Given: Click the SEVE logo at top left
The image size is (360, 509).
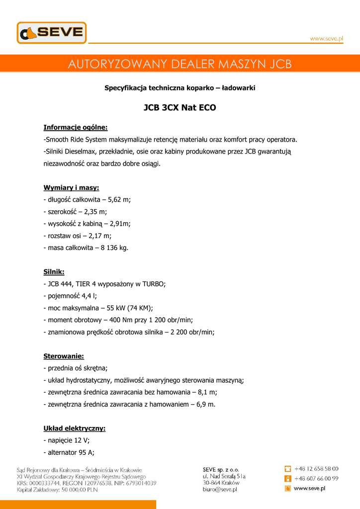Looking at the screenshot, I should (52, 33).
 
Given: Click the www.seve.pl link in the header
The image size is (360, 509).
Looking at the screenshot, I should (327, 39).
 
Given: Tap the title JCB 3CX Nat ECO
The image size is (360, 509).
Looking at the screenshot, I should (180, 107).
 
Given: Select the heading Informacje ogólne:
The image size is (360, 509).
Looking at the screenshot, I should (76, 127).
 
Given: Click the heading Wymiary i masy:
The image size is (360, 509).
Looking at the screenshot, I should (71, 187).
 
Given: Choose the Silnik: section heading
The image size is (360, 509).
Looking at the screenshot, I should (54, 272).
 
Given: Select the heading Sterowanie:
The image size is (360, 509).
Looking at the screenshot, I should (64, 356).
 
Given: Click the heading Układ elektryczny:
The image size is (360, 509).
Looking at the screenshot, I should (75, 428).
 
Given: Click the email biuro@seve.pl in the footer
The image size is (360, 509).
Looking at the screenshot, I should (220, 490).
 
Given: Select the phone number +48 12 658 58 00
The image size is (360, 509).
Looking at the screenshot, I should (316, 469).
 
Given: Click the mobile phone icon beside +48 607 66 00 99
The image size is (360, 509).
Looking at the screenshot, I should (287, 479).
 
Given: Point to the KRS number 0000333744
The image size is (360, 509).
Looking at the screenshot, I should (44, 483).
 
